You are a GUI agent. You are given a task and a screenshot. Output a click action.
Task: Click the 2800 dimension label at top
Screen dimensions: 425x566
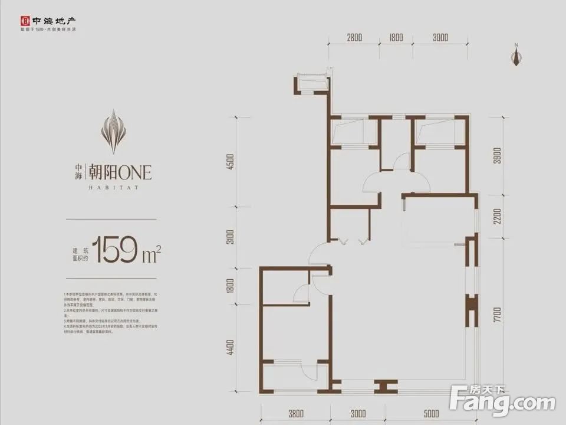point(354,38)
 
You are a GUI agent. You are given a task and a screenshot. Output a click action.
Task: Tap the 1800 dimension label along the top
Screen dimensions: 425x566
point(396,38)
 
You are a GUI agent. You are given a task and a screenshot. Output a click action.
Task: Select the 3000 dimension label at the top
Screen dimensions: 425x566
point(440,38)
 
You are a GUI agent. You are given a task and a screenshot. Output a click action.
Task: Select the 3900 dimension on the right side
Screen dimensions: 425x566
point(498,155)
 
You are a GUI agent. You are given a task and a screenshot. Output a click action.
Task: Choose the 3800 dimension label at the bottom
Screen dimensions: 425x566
point(296,413)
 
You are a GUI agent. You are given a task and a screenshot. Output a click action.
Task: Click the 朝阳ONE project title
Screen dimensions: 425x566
point(120,172)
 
